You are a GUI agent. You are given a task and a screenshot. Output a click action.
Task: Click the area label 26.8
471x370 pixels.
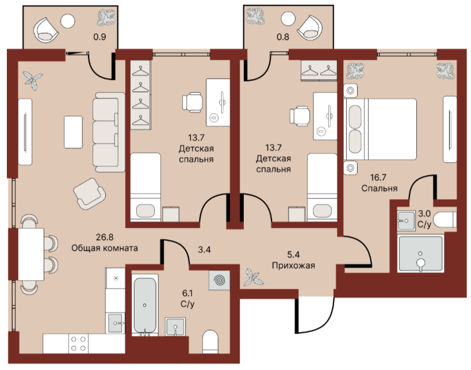tap(105, 237)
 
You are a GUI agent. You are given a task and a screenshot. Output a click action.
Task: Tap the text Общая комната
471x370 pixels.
tap(105, 248)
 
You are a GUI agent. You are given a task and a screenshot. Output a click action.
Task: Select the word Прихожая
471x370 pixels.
tap(293, 266)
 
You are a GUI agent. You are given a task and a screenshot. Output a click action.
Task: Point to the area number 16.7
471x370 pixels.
tap(378, 177)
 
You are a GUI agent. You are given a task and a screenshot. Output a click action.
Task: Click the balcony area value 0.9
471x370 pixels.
tap(99, 37)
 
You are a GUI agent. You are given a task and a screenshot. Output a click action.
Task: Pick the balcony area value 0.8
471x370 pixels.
tap(283, 37)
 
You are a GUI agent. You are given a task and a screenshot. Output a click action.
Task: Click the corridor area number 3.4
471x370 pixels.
tap(204, 250)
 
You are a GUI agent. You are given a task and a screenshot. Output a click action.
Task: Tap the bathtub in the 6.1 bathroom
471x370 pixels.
tap(145, 305)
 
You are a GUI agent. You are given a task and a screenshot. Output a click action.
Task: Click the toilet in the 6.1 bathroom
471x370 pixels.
tap(210, 342)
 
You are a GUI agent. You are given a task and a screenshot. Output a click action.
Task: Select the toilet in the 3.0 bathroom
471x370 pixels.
tap(445, 220)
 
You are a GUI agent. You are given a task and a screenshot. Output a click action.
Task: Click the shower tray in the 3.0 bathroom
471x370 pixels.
tap(420, 254)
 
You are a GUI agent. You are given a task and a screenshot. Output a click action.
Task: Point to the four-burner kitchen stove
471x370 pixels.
tap(78, 344)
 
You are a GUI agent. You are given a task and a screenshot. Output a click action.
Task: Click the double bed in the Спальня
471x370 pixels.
tap(380, 129)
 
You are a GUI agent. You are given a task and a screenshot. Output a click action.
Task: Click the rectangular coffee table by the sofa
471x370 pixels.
tap(73, 132)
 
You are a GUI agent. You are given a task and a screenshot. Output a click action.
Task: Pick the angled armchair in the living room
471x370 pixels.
tap(90, 193)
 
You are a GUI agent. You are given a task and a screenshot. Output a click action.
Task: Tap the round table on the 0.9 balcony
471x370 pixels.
tap(68, 21)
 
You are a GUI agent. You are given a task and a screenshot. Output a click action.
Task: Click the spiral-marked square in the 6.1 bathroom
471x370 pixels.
tap(219, 280)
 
